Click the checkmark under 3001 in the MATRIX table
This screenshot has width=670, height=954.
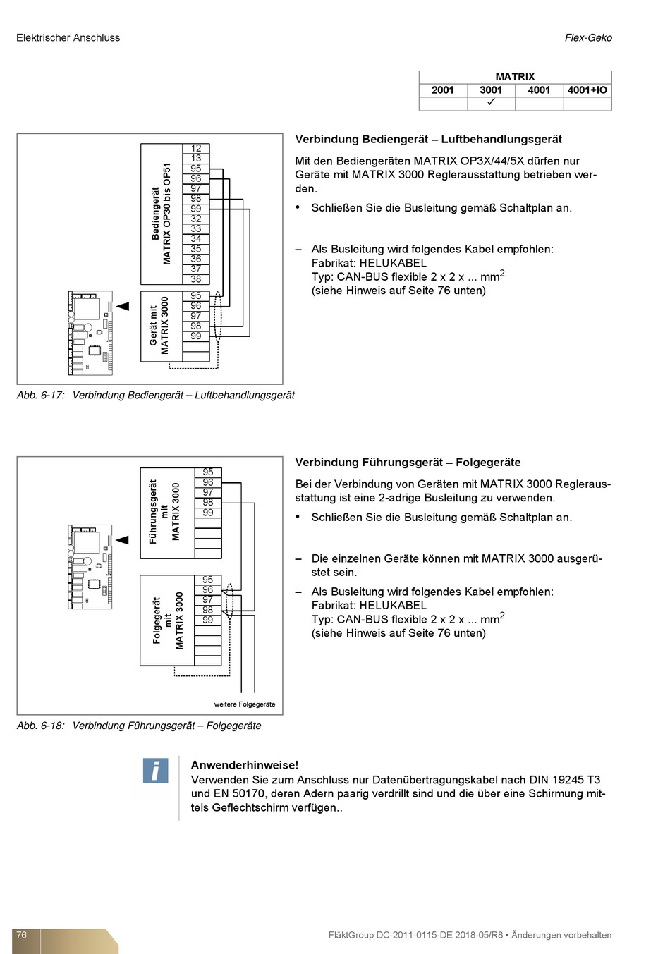[x=491, y=103]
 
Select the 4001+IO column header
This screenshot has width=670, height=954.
[x=587, y=90]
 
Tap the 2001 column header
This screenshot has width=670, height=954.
[x=443, y=90]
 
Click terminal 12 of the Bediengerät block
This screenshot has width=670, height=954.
[x=196, y=148]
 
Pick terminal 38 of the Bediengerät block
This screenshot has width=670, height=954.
[x=196, y=279]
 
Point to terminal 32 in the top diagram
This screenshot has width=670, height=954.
[x=196, y=219]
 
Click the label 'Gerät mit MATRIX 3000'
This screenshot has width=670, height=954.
[x=159, y=326]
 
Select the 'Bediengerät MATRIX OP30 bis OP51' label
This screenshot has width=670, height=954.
[x=162, y=214]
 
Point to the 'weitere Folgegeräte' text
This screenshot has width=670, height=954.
[x=245, y=704]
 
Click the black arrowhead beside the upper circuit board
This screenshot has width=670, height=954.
[x=123, y=306]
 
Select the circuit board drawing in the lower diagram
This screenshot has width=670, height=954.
[x=90, y=566]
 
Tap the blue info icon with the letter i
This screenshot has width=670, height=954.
[x=155, y=771]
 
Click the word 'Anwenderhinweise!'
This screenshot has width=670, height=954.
[x=245, y=765]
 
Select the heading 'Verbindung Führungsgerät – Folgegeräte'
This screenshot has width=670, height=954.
[x=408, y=463]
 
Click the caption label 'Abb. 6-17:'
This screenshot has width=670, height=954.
[x=41, y=396]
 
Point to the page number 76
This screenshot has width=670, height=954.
[x=22, y=935]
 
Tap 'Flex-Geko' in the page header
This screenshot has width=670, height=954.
[x=588, y=38]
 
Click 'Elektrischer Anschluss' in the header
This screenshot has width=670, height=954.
[x=68, y=38]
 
